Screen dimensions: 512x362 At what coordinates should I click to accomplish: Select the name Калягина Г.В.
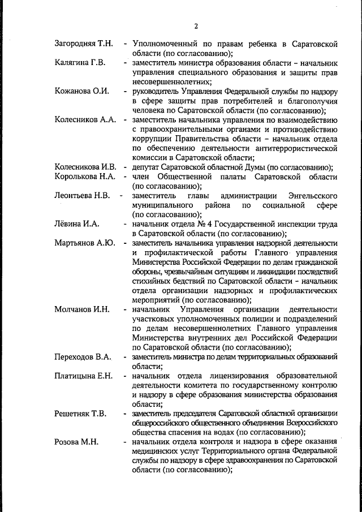(x=80, y=62)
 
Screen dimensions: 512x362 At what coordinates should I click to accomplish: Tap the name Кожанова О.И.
(x=82, y=91)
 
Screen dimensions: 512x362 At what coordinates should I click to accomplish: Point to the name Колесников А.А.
(x=85, y=119)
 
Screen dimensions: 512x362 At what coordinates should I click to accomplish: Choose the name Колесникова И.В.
(x=85, y=167)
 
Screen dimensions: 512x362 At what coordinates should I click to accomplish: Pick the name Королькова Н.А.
(x=85, y=177)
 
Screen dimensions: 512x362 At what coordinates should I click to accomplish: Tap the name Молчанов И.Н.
(x=81, y=309)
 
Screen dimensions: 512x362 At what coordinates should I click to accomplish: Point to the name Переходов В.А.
(x=82, y=357)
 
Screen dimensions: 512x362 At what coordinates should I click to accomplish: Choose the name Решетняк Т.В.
(x=80, y=414)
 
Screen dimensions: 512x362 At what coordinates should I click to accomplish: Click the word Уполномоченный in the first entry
(x=164, y=44)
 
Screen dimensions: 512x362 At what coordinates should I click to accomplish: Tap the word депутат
(x=148, y=167)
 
